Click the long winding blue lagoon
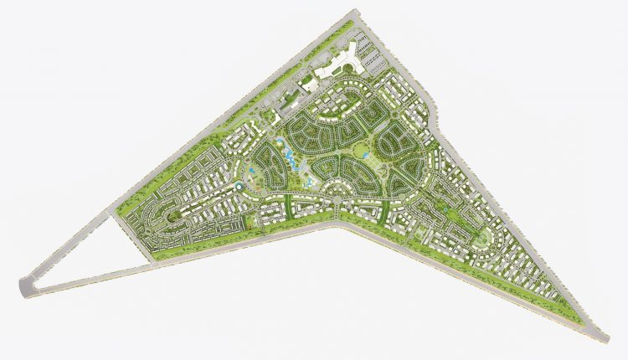[x=288, y=156]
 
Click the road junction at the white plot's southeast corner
[x=154, y=262]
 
